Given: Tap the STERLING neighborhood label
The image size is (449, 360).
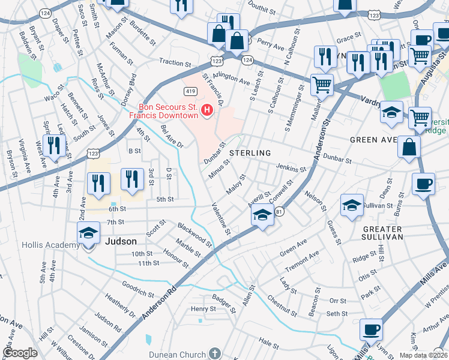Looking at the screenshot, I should coord(250,153).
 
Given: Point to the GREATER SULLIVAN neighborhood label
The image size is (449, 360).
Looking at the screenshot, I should coord(382,233).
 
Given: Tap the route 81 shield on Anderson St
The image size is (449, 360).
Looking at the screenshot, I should coord(279,211).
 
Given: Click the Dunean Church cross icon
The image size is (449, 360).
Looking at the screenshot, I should coord(215,353).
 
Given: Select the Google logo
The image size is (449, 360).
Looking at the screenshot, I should coord(20,353).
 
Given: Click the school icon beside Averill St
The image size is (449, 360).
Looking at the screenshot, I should coord(262,214).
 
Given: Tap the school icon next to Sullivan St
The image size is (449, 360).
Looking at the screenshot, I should coord(352,205).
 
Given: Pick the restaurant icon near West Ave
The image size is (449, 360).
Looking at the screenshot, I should coord(54,146).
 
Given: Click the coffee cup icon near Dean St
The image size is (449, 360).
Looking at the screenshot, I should coord(423,184).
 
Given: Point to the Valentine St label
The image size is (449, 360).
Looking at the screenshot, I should coord(221,218).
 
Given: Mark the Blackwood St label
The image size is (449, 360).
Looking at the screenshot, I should coord(194,235).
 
